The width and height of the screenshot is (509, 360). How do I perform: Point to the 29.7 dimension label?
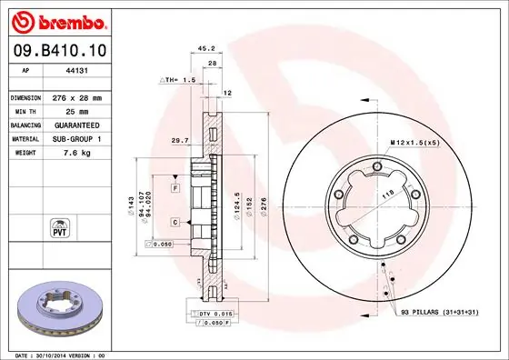181,141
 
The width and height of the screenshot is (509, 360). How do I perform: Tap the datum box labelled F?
175,187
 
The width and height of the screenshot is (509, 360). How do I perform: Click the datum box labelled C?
175,221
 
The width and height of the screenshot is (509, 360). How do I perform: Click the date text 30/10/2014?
55,354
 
